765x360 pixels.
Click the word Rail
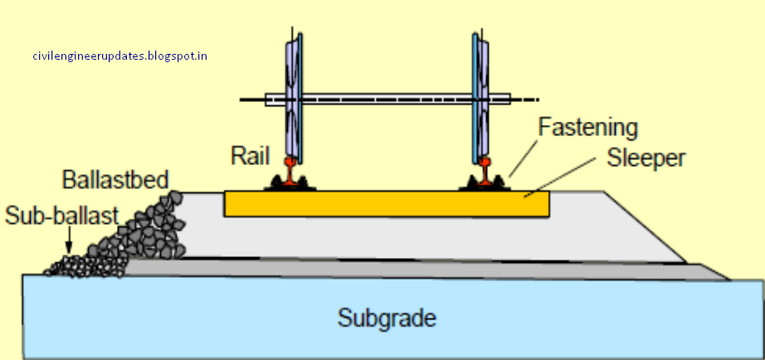coord(248,155)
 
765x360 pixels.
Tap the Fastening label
coord(587,129)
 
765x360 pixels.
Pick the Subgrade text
coord(386,318)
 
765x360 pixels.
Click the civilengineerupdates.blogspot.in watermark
coord(119,56)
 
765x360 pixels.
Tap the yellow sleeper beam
coord(386,204)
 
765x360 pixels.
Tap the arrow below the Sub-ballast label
coord(70,241)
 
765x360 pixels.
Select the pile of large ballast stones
coord(149,232)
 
